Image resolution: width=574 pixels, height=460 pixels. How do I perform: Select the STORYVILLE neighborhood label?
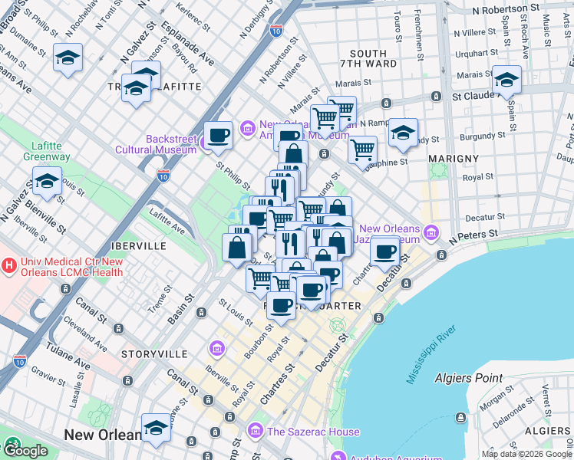pos(154,354)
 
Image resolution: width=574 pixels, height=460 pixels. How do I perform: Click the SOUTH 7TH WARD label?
pos(367,60)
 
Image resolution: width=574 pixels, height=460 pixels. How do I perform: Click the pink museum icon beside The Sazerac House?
pos(256,432)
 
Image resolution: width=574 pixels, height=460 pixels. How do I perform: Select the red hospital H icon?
pos(9,266)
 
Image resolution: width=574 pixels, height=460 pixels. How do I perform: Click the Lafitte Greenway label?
pos(51,151)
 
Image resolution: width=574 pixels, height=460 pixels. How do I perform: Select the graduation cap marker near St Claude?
pos(506,80)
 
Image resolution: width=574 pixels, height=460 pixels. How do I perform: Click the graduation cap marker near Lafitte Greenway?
pos(48,182)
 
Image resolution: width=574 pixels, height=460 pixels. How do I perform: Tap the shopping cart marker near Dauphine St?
pos(362,149)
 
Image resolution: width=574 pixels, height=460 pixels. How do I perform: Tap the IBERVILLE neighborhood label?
pos(138,246)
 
